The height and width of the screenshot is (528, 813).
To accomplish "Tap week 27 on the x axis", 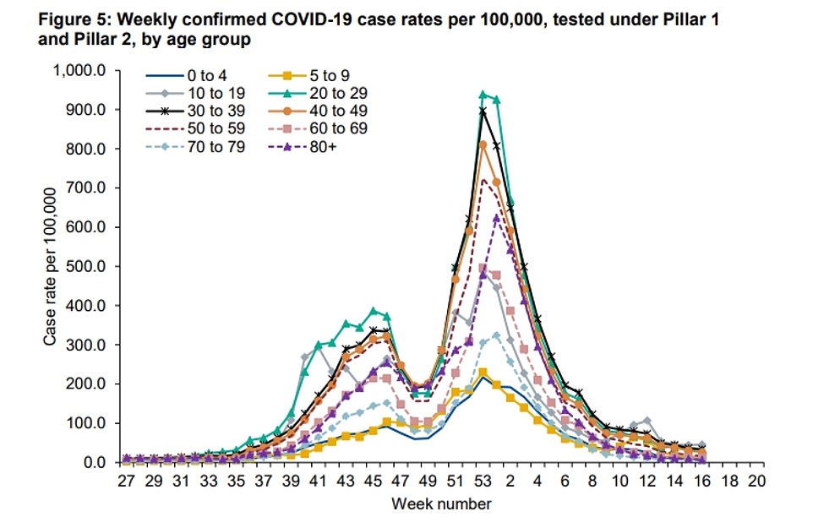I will coord(126,481).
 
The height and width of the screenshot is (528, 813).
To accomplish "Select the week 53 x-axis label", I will coord(483,481).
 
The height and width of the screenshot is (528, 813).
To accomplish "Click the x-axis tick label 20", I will coord(756,481).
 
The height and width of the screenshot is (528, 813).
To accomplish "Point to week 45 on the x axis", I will coord(373,481).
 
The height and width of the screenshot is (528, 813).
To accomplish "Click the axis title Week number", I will coord(440,504).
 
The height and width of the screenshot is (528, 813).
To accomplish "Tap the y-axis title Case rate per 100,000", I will coord(52,267).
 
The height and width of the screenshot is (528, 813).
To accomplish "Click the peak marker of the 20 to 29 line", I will coord(483,95).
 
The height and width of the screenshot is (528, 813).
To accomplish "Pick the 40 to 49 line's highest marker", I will coord(483,144).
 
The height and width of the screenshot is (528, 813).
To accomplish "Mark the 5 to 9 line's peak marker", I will coord(483,372).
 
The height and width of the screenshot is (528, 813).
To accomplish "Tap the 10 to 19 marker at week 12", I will coord(647,421).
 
